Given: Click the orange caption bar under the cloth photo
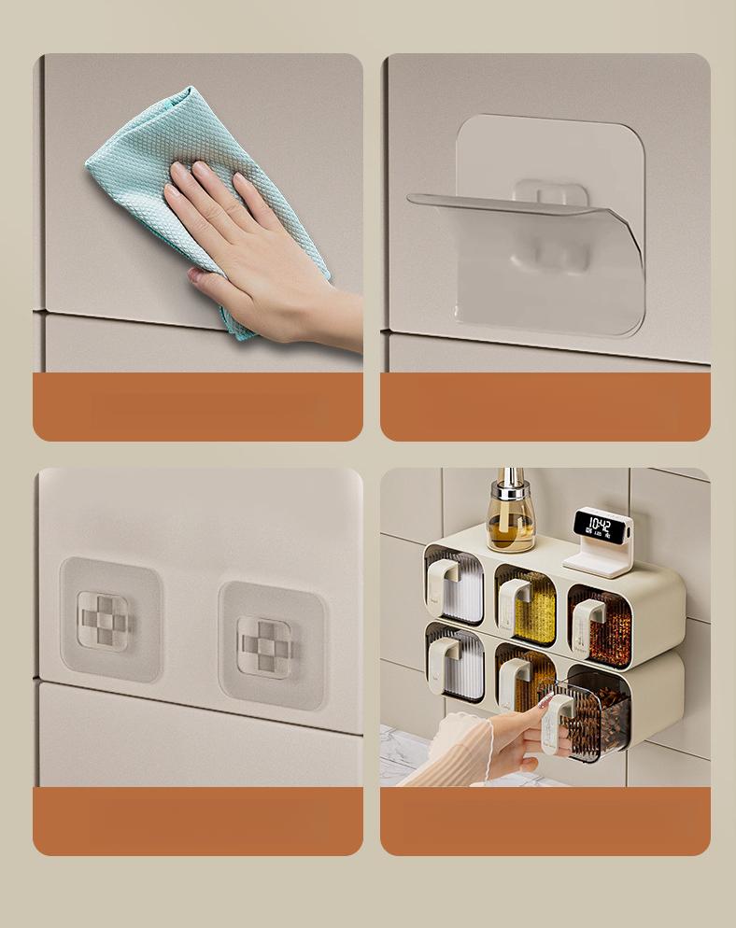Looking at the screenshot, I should click(x=198, y=407).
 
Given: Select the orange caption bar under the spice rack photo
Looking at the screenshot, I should click(x=545, y=821).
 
